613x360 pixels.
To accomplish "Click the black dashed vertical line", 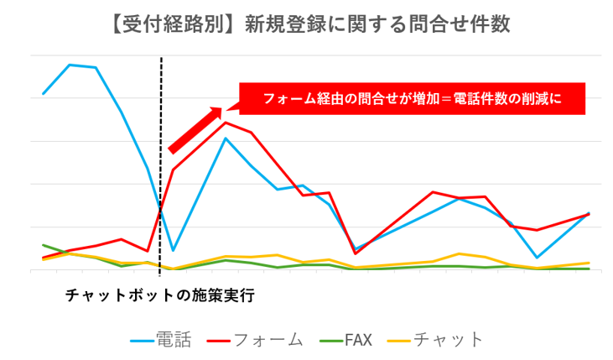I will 160,168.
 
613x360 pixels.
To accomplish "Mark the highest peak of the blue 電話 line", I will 70,65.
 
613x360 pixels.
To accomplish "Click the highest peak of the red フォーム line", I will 225,123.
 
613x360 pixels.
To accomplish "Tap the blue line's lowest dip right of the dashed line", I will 173,250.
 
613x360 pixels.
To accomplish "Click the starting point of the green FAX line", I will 43,245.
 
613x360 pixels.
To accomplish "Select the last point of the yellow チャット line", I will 589,263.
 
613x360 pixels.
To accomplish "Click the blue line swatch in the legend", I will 142,341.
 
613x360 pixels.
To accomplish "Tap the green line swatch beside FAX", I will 330,341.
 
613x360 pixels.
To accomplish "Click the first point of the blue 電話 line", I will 43,93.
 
